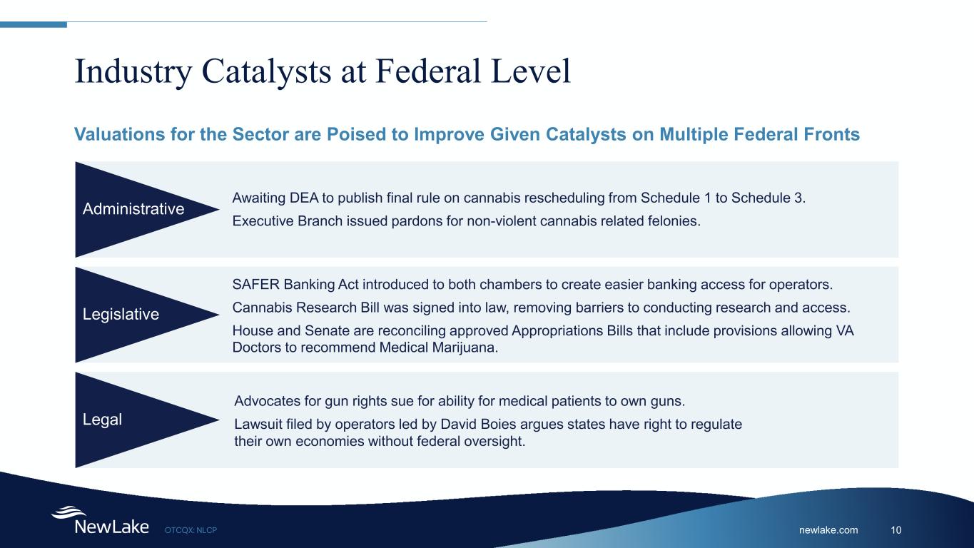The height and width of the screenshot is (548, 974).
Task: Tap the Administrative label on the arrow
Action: click(x=133, y=209)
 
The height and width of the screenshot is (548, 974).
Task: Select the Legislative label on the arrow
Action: click(x=121, y=315)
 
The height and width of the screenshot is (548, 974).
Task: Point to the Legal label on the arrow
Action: click(x=102, y=420)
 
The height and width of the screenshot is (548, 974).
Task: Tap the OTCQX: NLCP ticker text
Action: click(x=191, y=530)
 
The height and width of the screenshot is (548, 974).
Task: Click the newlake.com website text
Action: click(x=828, y=529)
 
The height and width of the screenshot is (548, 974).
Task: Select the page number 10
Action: click(x=896, y=529)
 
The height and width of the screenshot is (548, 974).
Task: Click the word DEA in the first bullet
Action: click(x=304, y=198)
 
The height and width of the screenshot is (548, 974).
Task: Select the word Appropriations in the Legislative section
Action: click(x=557, y=331)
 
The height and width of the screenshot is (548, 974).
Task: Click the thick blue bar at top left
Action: click(x=34, y=25)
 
